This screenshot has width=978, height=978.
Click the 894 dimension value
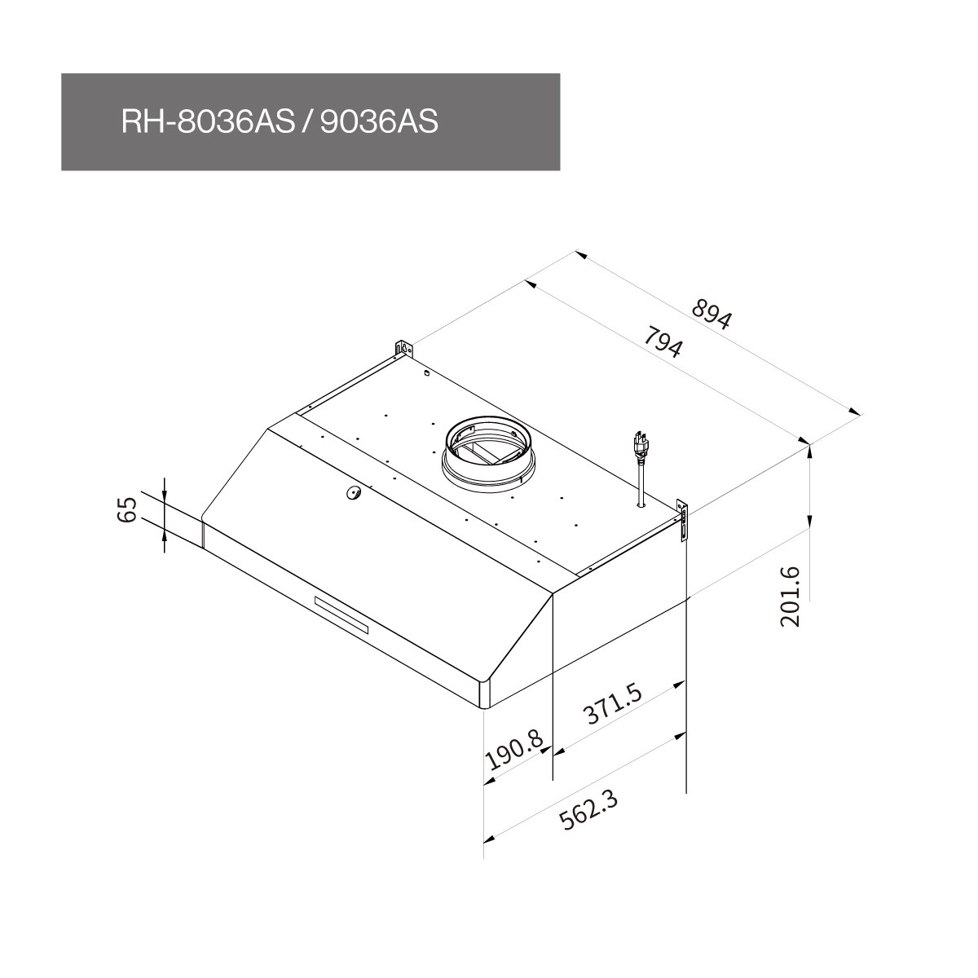[x=711, y=315]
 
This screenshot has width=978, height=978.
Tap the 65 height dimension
[x=127, y=509]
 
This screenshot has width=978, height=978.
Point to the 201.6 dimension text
[x=790, y=597]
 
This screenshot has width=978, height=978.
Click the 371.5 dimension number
[x=614, y=703]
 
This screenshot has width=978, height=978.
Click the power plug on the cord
[x=640, y=446]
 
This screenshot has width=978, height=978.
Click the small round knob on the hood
[x=354, y=491]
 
